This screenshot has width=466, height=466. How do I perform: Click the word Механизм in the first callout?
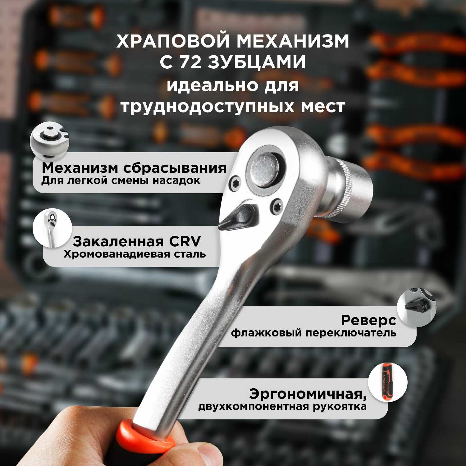pyautogui.click(x=80, y=168)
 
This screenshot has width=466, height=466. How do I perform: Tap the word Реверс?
pyautogui.click(x=368, y=320)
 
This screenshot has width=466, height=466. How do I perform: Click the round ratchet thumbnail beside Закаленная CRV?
pyautogui.click(x=52, y=228)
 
